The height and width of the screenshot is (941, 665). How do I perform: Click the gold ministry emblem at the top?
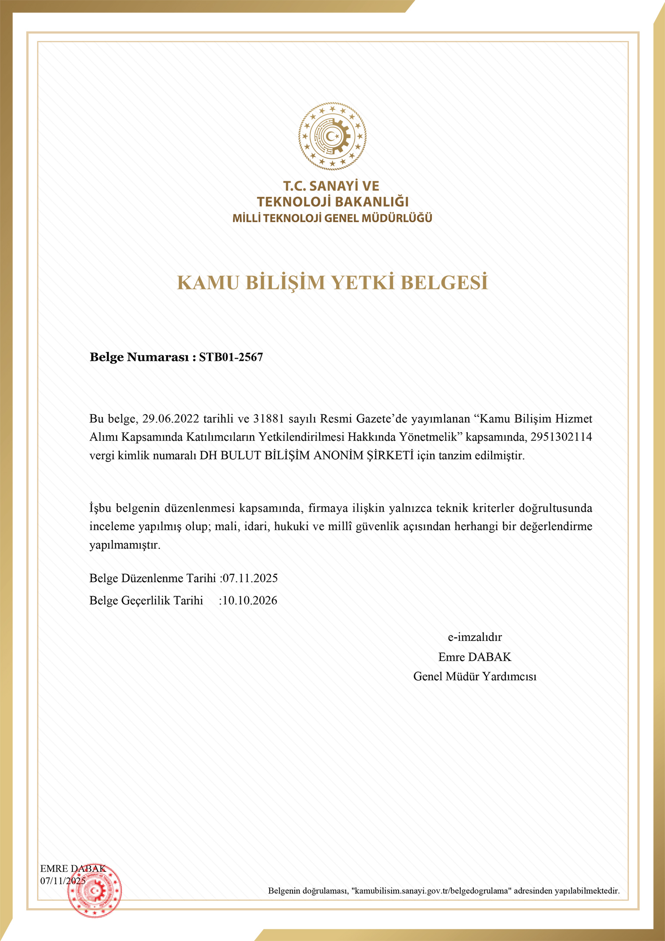point(332,136)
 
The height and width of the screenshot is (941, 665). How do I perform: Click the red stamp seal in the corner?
point(94,890)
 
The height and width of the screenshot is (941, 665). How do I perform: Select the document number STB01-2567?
point(231,357)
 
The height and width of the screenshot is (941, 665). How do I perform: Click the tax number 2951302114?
point(561,437)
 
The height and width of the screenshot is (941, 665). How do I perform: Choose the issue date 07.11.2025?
point(250,578)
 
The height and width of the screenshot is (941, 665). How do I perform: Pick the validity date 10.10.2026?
point(250,601)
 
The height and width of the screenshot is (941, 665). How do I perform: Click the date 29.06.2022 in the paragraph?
point(171,419)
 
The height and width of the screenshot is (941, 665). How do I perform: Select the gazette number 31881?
point(268,419)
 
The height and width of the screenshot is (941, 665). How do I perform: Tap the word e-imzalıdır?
point(475,637)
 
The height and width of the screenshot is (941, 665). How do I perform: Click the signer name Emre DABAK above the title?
point(475,657)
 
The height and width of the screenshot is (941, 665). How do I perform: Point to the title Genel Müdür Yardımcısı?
point(475,676)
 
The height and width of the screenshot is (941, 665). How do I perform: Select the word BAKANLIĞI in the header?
point(372,202)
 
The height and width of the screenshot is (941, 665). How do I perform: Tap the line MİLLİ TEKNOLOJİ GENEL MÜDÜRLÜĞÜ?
point(332,218)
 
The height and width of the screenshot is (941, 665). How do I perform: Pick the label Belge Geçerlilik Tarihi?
point(146,601)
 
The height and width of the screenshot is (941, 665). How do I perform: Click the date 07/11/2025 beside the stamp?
point(63,881)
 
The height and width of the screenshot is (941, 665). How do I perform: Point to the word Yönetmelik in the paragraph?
point(428,437)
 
